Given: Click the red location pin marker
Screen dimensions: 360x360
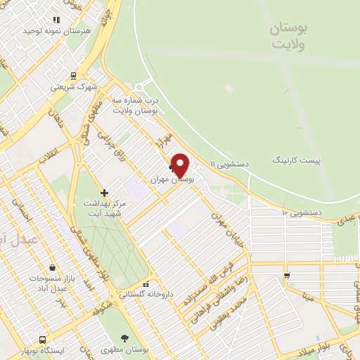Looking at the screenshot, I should (181, 165).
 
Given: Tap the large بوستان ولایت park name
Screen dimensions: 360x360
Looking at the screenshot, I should (289, 35).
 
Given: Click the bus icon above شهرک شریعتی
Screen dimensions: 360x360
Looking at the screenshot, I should (73, 77).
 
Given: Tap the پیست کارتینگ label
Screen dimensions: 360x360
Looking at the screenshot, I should (297, 160).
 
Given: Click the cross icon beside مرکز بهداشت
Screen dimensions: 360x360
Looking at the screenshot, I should (104, 192).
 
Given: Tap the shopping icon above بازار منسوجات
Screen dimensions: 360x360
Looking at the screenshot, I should (51, 268).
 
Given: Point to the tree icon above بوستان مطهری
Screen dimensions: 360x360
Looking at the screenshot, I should (124, 337).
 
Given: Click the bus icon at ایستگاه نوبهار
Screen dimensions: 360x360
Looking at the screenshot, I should (43, 339).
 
